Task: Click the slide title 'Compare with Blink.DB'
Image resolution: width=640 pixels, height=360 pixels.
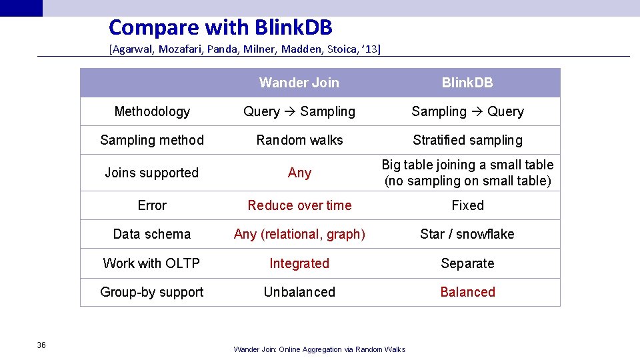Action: [x=220, y=27]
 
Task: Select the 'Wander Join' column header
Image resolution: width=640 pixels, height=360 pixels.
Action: [x=299, y=83]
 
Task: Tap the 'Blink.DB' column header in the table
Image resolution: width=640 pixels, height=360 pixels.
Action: [x=467, y=83]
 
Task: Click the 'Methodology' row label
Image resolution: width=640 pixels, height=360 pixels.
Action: [x=152, y=111]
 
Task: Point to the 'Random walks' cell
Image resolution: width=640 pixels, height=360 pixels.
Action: [x=299, y=140]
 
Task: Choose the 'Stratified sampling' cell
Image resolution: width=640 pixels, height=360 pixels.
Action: [x=467, y=140]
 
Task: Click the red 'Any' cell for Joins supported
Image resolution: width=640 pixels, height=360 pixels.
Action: [x=299, y=173]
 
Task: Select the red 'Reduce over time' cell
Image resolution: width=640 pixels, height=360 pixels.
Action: [x=299, y=205]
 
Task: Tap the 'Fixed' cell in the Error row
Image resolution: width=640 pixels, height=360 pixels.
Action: [x=467, y=205]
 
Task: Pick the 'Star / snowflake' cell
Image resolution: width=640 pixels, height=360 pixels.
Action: [x=467, y=234]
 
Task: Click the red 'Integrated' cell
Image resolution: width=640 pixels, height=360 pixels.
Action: [x=299, y=263]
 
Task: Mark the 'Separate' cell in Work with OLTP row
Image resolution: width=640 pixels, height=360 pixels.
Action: [x=467, y=263]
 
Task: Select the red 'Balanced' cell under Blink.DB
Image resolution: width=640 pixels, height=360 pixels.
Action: [x=467, y=292]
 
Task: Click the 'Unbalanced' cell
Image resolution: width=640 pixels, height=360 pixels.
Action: [x=299, y=292]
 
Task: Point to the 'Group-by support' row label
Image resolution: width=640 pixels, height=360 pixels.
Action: [x=152, y=292]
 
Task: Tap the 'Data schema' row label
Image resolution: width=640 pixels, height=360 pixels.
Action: [x=152, y=234]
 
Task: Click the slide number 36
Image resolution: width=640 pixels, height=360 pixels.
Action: [x=41, y=345]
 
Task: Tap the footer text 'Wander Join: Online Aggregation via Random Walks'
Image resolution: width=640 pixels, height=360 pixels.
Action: [x=319, y=349]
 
